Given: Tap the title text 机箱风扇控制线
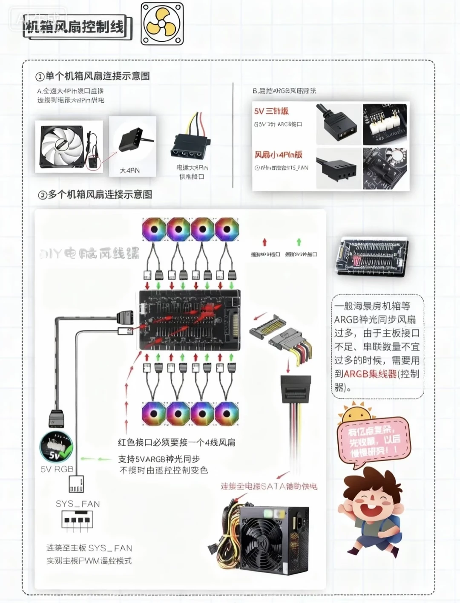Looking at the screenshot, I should [x=75, y=28].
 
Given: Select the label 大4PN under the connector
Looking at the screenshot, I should [x=129, y=170].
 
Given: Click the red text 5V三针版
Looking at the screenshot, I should [x=271, y=111].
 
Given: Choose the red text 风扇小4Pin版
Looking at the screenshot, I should [x=279, y=155].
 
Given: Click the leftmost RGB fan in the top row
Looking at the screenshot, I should [x=154, y=230].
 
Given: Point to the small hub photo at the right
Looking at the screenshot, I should [x=372, y=258].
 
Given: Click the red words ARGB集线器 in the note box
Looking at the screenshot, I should [x=370, y=374].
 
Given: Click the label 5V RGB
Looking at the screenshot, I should [x=57, y=469].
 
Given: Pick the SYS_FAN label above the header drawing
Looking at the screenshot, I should [x=78, y=504].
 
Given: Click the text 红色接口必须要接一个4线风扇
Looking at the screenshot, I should [x=176, y=442].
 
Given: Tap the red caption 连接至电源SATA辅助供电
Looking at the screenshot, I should [x=269, y=486].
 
